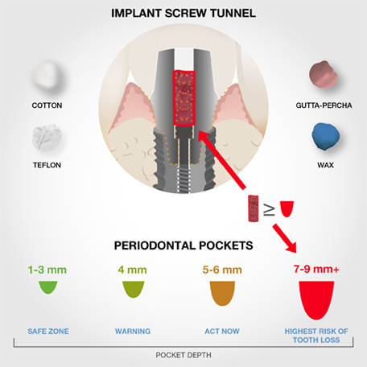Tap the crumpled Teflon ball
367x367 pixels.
(x=47, y=137)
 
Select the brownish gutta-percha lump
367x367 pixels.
(x=323, y=75)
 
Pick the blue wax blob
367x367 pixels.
(x=325, y=136)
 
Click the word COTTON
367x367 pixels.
(x=47, y=105)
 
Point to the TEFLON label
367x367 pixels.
(x=47, y=165)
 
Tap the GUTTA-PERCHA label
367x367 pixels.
(x=324, y=105)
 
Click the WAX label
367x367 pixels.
(x=325, y=165)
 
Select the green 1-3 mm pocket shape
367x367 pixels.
(x=48, y=287)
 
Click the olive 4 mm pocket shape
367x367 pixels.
(x=134, y=289)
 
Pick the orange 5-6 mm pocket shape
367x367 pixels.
(x=222, y=293)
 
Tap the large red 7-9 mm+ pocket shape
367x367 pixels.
(x=316, y=300)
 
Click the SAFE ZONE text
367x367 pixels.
(x=48, y=332)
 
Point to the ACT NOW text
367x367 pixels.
(x=222, y=332)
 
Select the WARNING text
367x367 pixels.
(x=133, y=332)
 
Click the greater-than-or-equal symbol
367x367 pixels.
(x=269, y=211)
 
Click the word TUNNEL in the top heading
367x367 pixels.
(x=233, y=14)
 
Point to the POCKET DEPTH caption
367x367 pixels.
(x=183, y=355)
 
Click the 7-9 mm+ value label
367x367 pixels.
(x=316, y=269)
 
